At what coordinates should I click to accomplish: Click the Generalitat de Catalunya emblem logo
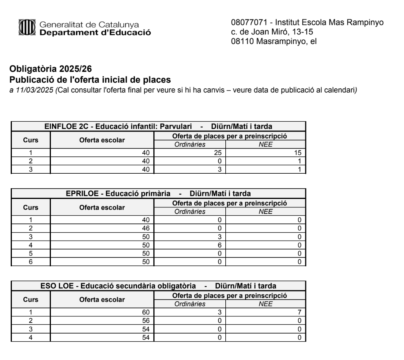[28, 28]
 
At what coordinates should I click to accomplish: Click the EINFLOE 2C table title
[158, 127]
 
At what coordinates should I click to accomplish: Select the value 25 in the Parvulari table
[218, 152]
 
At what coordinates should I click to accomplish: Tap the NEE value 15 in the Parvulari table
[298, 152]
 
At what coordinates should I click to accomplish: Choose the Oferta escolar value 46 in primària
[145, 227]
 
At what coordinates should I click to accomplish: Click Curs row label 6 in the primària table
[31, 262]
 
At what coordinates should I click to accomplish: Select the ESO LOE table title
[158, 285]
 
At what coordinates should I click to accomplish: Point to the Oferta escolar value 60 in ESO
[145, 312]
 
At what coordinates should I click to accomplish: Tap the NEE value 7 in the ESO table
[300, 312]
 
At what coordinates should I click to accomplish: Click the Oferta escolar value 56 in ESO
[145, 319]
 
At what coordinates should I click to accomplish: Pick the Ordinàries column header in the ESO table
[190, 304]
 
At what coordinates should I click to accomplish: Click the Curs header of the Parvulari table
[31, 140]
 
